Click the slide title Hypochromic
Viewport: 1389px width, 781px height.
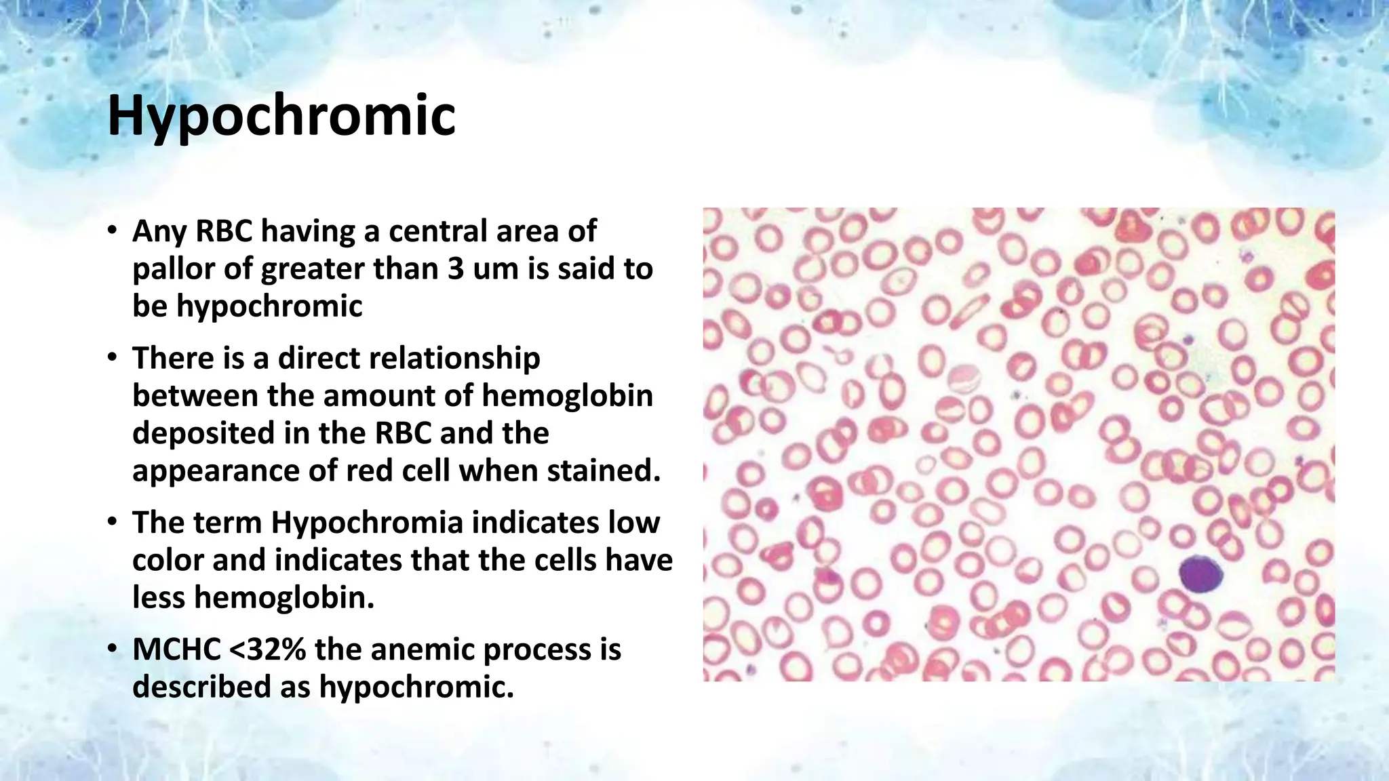(281, 115)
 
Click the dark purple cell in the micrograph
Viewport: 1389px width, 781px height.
(1200, 574)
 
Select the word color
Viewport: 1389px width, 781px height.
(168, 560)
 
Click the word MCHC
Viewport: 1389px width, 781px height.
(176, 649)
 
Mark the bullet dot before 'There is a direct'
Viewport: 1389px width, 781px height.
(113, 359)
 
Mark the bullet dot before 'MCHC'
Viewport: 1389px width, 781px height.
(113, 649)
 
